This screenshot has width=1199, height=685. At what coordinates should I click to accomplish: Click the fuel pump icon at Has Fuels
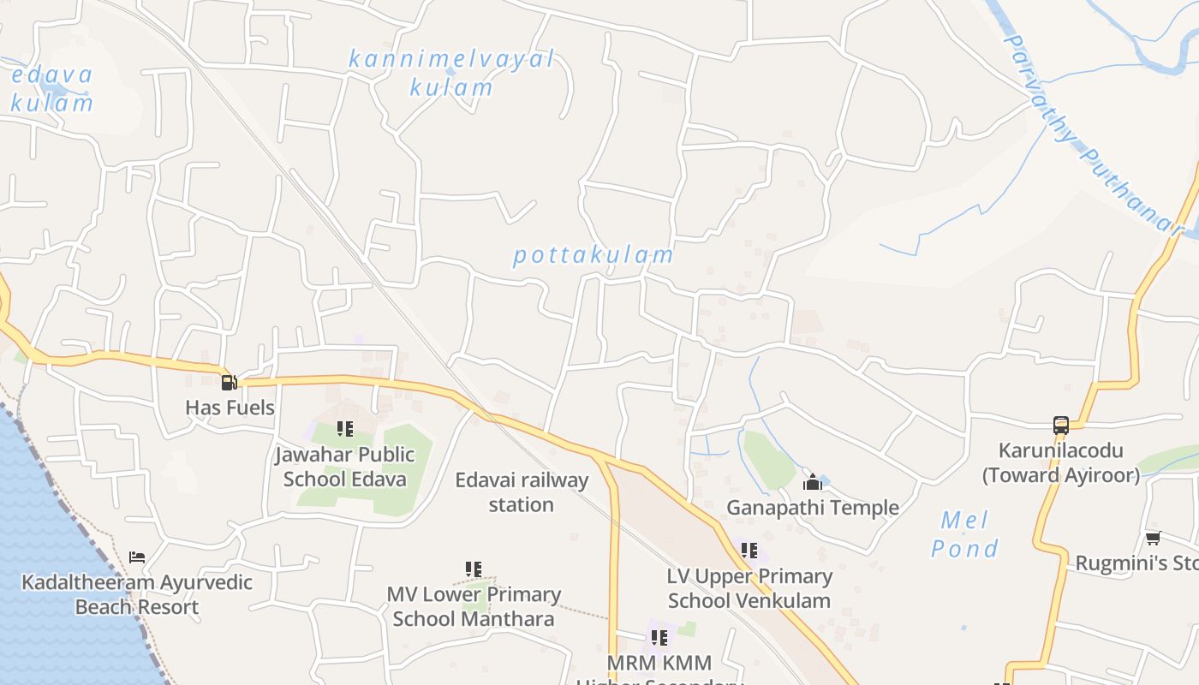229,383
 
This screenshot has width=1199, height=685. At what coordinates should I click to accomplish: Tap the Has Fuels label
230,408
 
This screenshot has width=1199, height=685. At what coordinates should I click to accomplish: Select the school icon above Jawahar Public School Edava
345,429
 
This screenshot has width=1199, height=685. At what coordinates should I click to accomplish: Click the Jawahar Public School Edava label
345,467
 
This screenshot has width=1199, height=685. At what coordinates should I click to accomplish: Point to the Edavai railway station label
522,492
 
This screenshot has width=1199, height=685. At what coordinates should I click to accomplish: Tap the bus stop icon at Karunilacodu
1061,426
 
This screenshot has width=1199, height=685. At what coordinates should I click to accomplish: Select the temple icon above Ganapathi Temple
813,483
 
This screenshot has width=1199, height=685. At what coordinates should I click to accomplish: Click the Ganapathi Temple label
813,508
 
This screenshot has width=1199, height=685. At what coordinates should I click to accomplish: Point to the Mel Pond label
965,534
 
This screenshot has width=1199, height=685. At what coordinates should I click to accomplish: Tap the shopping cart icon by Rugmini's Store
1153,539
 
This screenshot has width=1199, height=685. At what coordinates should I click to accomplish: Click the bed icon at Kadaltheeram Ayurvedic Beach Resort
137,557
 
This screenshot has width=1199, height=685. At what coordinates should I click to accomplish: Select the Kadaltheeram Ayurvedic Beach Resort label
137,594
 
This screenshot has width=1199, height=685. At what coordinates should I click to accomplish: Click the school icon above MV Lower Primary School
474,569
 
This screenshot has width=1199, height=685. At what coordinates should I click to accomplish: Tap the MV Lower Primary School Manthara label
474,606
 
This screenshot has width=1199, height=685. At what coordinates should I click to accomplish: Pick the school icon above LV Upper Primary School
749,551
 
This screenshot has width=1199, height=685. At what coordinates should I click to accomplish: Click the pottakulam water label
594,255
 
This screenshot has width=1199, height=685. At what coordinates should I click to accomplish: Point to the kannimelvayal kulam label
451,73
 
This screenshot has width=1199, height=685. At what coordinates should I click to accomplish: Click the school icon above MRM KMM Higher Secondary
659,638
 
